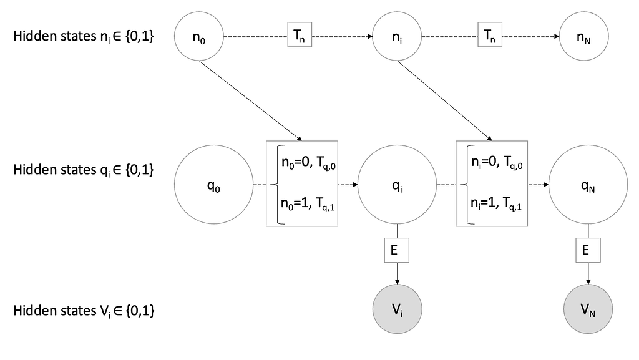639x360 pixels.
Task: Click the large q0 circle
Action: click(213, 185)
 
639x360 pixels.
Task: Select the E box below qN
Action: click(585, 250)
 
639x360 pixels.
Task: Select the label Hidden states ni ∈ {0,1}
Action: click(84, 37)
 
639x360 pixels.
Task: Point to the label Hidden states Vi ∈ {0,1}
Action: click(84, 310)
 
